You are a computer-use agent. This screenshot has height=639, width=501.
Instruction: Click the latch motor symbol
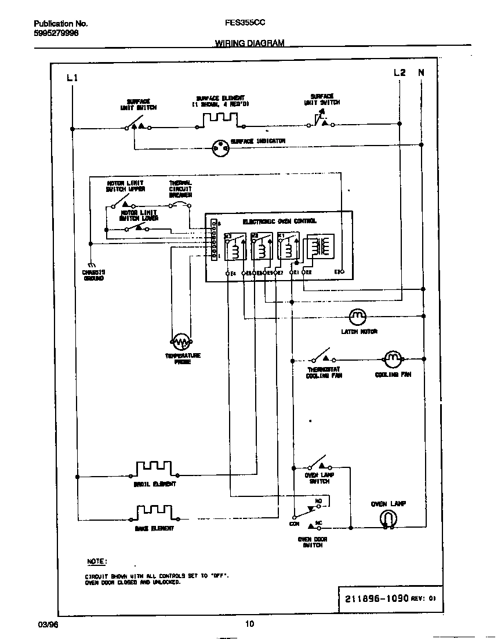click(x=358, y=317)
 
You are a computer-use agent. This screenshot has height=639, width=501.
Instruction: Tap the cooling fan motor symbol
click(x=393, y=360)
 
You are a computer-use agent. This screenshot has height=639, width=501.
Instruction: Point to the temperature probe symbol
click(x=181, y=341)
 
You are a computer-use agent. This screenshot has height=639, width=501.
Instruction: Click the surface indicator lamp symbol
click(x=220, y=149)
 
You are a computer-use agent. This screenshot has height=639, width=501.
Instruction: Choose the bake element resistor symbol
click(x=154, y=512)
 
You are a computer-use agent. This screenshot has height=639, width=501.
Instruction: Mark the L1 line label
click(x=72, y=77)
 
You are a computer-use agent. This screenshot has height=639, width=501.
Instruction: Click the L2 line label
click(x=400, y=72)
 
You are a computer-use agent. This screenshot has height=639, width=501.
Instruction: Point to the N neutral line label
click(x=422, y=72)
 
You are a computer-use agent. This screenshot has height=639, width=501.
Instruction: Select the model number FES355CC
click(x=245, y=24)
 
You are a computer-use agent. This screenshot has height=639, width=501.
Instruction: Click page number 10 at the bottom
click(x=249, y=624)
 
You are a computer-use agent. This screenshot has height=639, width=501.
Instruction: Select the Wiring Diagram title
click(x=249, y=43)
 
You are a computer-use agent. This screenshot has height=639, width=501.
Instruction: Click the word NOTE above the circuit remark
click(x=96, y=562)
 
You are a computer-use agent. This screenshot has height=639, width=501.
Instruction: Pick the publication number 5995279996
click(x=56, y=33)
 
